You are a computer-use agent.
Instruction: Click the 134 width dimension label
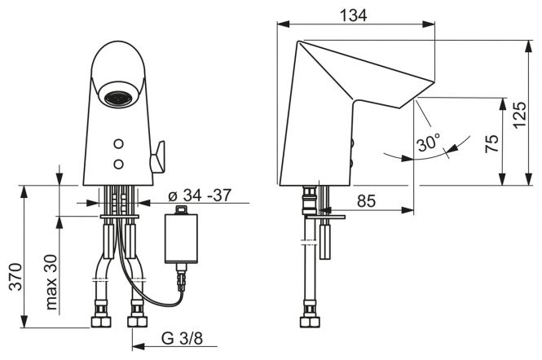click(354, 15)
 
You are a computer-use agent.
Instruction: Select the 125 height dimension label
click(520, 116)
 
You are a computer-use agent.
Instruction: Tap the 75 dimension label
click(492, 143)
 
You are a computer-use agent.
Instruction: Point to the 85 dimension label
click(366, 200)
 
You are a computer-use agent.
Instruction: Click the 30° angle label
click(429, 142)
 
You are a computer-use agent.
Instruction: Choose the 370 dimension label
click(16, 277)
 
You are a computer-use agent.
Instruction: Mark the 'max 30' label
click(51, 282)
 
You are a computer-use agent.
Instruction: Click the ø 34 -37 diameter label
click(200, 195)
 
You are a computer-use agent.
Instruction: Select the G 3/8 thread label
click(182, 339)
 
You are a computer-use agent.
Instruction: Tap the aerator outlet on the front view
click(118, 98)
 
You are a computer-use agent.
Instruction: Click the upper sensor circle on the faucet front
click(118, 144)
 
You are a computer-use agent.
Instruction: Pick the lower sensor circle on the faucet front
click(118, 164)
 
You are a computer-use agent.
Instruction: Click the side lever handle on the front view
click(157, 156)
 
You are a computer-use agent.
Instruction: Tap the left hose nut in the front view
click(101, 317)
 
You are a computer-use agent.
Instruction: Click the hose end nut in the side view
click(310, 317)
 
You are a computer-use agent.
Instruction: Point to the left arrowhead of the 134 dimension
click(283, 24)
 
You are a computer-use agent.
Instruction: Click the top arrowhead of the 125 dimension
click(528, 46)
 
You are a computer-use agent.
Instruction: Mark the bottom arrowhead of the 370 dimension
click(24, 322)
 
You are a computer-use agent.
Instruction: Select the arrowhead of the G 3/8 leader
click(139, 346)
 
